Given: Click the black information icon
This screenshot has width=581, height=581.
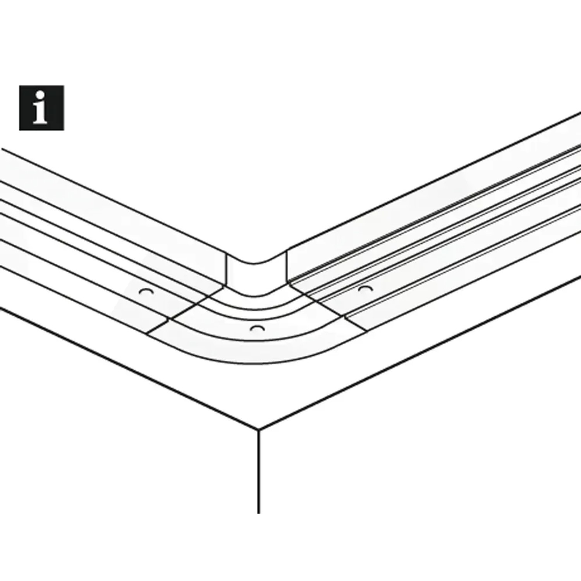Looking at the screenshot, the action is [41, 108].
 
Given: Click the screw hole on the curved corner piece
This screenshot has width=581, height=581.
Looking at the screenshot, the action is [257, 329].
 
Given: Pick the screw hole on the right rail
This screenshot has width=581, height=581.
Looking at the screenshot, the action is [365, 289].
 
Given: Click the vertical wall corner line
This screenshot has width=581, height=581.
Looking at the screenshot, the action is [258, 471].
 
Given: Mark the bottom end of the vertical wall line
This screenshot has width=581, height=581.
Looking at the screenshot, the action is [258, 513].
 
